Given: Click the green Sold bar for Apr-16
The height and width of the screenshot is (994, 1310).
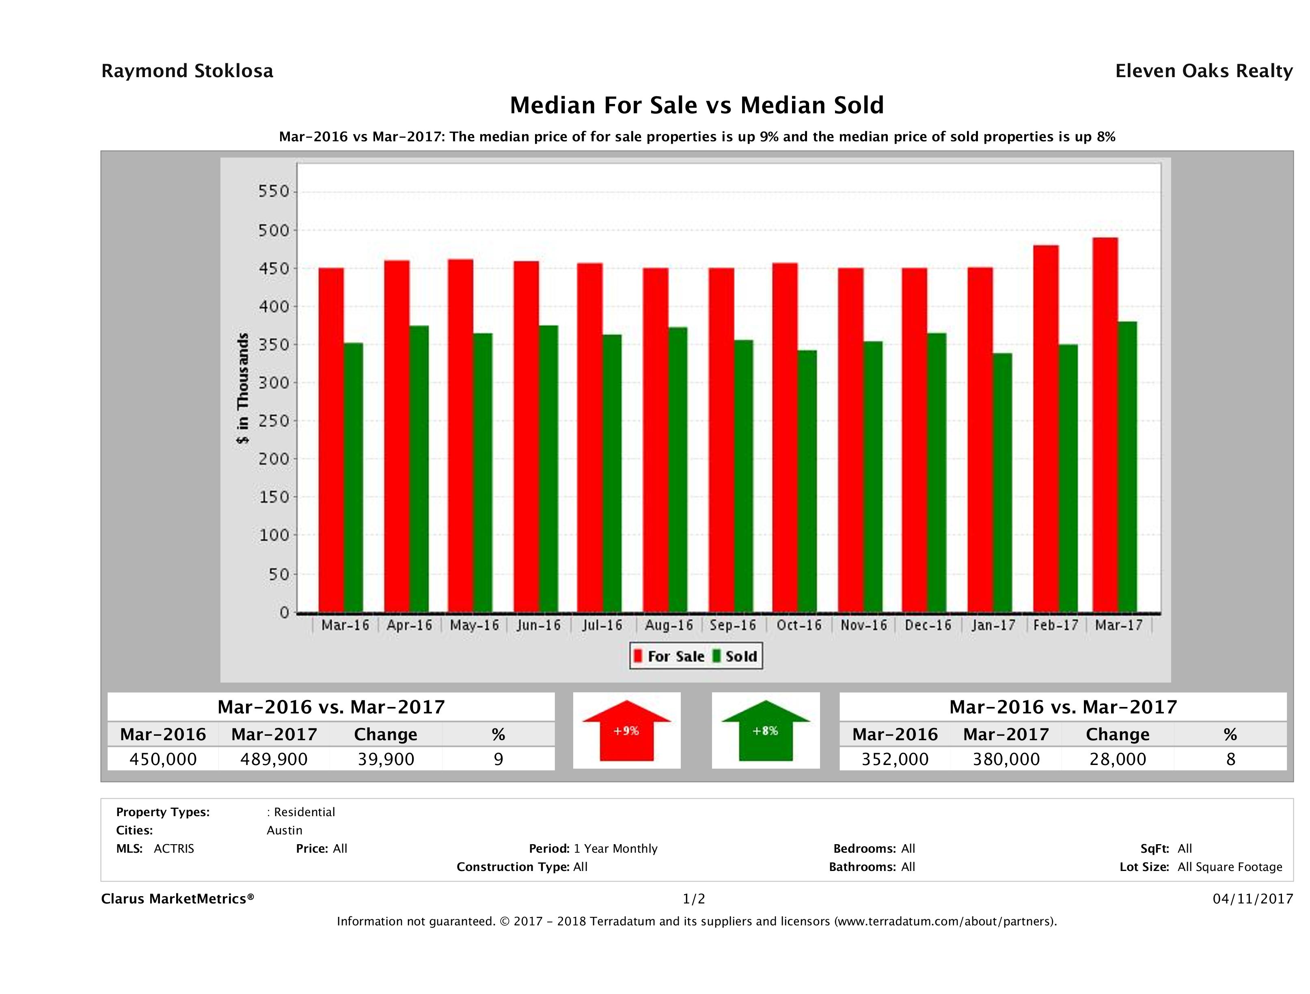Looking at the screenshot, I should tap(419, 468).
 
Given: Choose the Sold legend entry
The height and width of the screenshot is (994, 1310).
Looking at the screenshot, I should tap(734, 656).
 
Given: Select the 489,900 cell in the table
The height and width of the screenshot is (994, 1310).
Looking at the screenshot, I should tap(274, 759).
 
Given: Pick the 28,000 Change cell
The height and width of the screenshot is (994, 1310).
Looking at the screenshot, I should tap(1118, 759).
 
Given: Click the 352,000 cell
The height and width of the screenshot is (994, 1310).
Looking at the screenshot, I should tap(895, 759).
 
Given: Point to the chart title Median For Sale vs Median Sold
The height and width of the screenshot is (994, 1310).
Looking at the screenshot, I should tap(697, 106).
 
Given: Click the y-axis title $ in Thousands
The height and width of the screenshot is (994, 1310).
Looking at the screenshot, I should tap(243, 388).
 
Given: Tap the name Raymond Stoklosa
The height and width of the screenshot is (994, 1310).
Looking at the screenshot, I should tap(187, 71).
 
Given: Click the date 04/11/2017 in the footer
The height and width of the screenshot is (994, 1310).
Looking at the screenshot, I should tap(1252, 899).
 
